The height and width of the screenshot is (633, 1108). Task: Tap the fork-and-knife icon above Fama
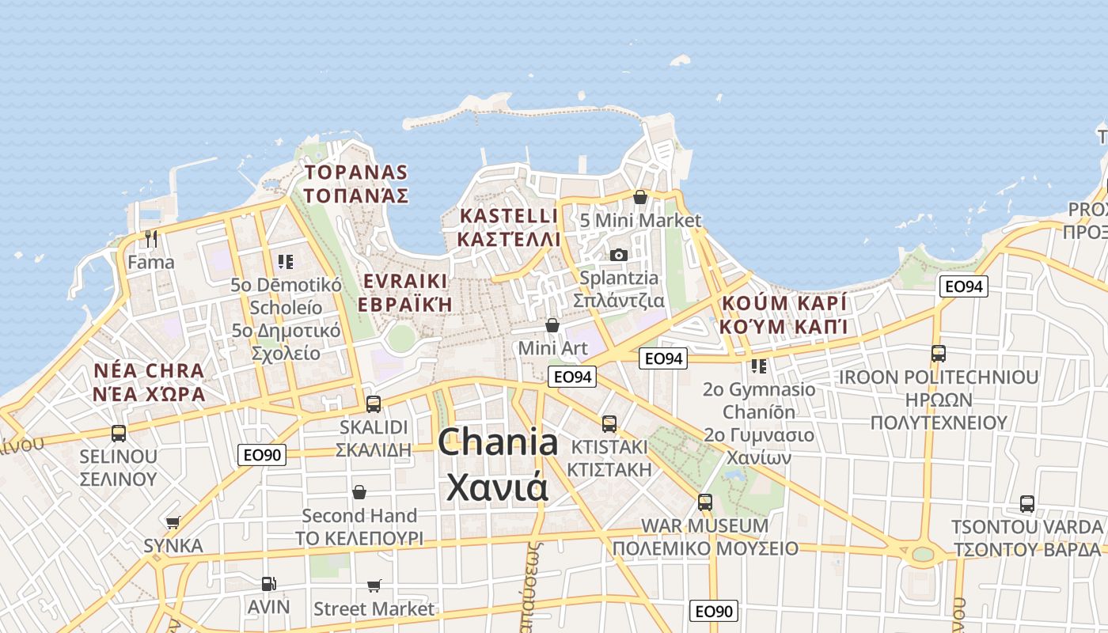(x=151, y=238)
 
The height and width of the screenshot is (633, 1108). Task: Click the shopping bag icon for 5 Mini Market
(x=640, y=197)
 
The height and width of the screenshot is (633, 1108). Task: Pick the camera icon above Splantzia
(x=619, y=255)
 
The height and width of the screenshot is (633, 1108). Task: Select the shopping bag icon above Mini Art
(x=552, y=325)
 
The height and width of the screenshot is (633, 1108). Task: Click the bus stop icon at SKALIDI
(x=374, y=404)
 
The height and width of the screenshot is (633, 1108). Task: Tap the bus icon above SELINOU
(x=119, y=433)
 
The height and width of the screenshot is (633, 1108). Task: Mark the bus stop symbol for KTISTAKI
(x=609, y=423)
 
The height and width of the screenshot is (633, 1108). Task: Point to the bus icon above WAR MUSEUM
(x=704, y=502)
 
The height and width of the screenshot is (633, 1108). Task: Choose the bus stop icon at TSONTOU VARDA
(x=1026, y=503)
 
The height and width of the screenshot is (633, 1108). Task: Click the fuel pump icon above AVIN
(x=268, y=584)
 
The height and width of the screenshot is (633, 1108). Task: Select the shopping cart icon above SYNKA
(x=173, y=522)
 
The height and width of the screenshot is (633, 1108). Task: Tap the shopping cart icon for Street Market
(x=374, y=586)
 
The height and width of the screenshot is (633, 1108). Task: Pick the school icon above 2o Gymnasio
(x=758, y=366)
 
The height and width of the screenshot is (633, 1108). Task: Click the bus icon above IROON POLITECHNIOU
(x=938, y=354)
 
